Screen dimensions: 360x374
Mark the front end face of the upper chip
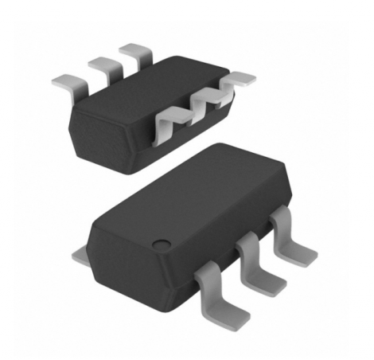[99, 135]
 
